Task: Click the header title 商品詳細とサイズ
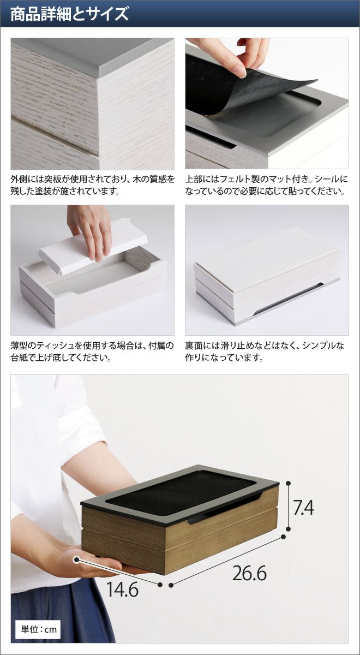pos(69,14)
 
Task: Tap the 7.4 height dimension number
pos(303,508)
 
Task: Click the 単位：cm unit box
pos(38,629)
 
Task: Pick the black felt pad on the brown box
pos(181,486)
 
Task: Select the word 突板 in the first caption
pos(51,179)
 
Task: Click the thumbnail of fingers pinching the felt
pos(267,104)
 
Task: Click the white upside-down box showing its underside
pos(267,276)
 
